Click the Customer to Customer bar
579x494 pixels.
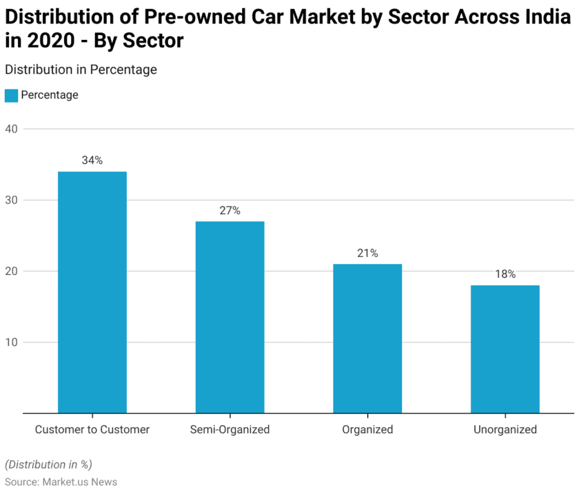92,292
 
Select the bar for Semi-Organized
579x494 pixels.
230,317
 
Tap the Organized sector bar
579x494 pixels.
367,338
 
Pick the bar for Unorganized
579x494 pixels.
505,349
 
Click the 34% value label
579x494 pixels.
92,161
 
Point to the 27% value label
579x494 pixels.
230,211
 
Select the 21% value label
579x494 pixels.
367,254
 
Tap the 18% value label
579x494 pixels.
505,274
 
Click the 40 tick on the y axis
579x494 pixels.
11,129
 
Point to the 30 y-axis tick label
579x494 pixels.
11,200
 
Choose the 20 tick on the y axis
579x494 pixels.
11,271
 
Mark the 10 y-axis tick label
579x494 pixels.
11,342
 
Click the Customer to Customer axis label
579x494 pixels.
92,430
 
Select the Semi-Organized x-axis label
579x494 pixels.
230,430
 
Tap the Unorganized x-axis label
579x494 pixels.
505,430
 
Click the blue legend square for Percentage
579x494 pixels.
11,96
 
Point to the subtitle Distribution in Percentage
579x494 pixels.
81,70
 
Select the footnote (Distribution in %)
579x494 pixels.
48,464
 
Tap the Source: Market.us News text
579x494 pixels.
61,482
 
